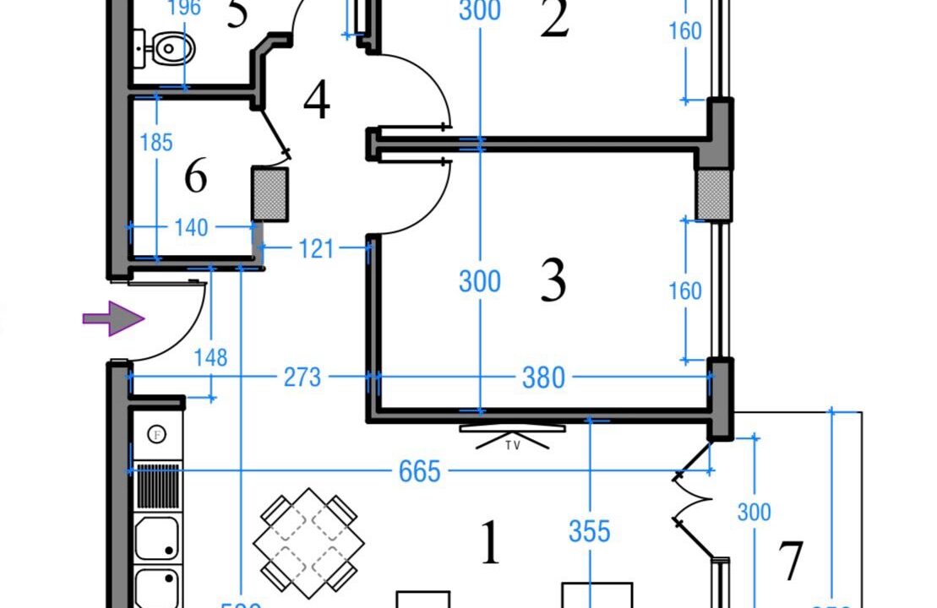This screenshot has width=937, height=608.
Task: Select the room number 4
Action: point(316,101)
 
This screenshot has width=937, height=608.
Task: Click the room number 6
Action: point(195,176)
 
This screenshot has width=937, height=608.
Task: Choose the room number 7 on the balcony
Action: point(790,561)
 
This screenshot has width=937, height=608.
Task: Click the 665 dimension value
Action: point(419,471)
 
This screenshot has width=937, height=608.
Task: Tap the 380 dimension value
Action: point(542,377)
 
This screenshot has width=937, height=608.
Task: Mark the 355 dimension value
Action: point(589,531)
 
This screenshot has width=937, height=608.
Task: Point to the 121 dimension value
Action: point(315,249)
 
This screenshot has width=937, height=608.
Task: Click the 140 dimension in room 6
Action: point(191,227)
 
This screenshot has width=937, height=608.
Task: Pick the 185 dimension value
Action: point(156,142)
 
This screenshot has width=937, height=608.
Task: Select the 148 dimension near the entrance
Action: point(210,358)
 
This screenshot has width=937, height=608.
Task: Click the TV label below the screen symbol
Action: point(513,445)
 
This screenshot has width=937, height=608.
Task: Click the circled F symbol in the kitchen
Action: point(156,435)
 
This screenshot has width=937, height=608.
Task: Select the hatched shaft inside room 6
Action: point(270,194)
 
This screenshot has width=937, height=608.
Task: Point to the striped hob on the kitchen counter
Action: point(158,486)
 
